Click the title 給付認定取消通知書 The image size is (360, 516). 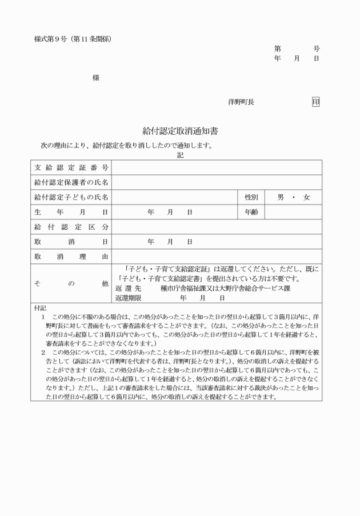click(x=180, y=131)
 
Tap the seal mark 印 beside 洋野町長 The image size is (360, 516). click(x=315, y=102)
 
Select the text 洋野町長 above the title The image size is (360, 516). click(x=241, y=102)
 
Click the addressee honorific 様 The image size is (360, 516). click(x=95, y=78)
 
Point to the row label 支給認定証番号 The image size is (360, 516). click(x=71, y=168)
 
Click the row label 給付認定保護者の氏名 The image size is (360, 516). click(x=71, y=183)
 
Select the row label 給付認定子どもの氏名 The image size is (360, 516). click(x=71, y=198)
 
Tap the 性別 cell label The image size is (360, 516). click(x=251, y=198)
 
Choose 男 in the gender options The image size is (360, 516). click(x=281, y=198)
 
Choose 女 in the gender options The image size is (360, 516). click(x=307, y=198)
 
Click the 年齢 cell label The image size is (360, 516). click(x=251, y=212)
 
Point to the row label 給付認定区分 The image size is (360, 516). click(x=71, y=227)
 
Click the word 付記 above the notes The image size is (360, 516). click(x=39, y=308)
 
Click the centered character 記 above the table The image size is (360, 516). click(x=180, y=154)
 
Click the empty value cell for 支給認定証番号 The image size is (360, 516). click(x=217, y=168)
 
